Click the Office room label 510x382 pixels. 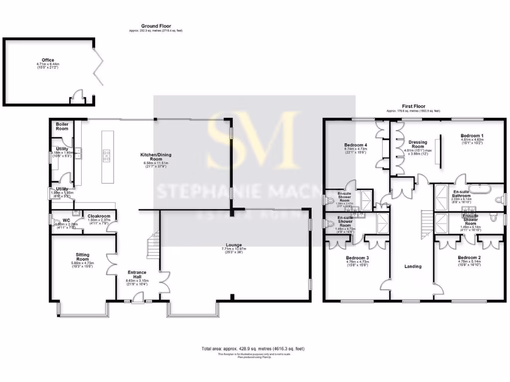(x=48, y=60)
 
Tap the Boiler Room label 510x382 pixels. (x=62, y=126)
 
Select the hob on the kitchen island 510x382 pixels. (x=107, y=156)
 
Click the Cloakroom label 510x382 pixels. (x=99, y=216)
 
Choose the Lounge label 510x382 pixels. (x=234, y=245)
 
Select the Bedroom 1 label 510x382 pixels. (x=471, y=136)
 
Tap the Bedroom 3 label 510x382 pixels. (x=357, y=258)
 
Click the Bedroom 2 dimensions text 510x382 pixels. (x=471, y=265)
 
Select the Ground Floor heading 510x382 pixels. (x=156, y=26)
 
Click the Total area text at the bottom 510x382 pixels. (x=253, y=349)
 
